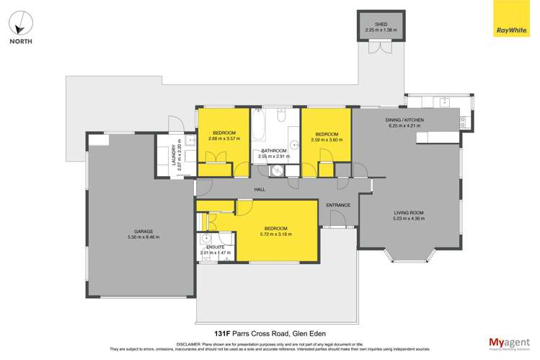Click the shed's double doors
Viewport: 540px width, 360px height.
tap(376, 47)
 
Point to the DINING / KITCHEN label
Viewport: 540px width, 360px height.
tap(406, 120)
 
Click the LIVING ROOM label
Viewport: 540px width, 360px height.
tap(408, 212)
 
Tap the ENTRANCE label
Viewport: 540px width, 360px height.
tap(338, 205)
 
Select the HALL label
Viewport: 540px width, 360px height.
tap(260, 190)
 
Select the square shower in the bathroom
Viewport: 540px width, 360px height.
tap(277, 170)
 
